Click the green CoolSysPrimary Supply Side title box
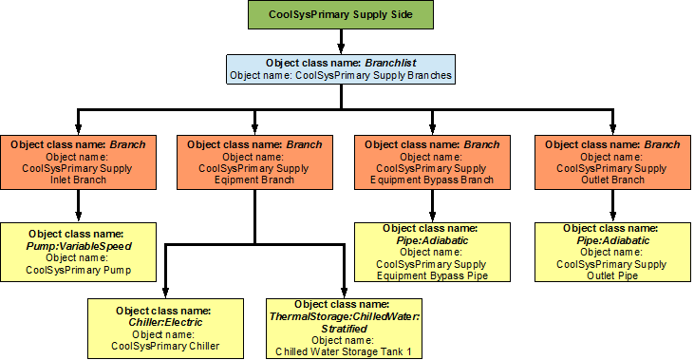click(x=342, y=15)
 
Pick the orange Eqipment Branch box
click(x=253, y=162)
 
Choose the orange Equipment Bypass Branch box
click(x=432, y=162)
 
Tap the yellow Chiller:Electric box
click(x=165, y=328)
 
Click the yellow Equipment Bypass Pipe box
click(x=432, y=251)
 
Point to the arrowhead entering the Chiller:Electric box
click(x=165, y=291)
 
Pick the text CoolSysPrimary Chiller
click(x=165, y=346)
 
